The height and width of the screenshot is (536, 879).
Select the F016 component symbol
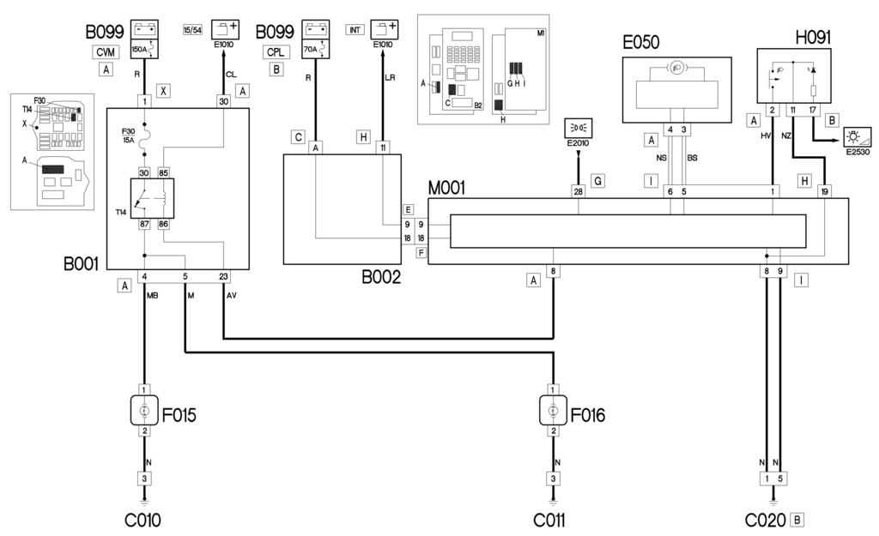(x=554, y=410)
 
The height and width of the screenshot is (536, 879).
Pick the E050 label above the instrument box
(x=652, y=42)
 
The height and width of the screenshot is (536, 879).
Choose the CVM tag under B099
(x=106, y=52)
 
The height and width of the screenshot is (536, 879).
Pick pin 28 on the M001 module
(x=579, y=191)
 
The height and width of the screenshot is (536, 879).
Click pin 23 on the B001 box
(x=223, y=276)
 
